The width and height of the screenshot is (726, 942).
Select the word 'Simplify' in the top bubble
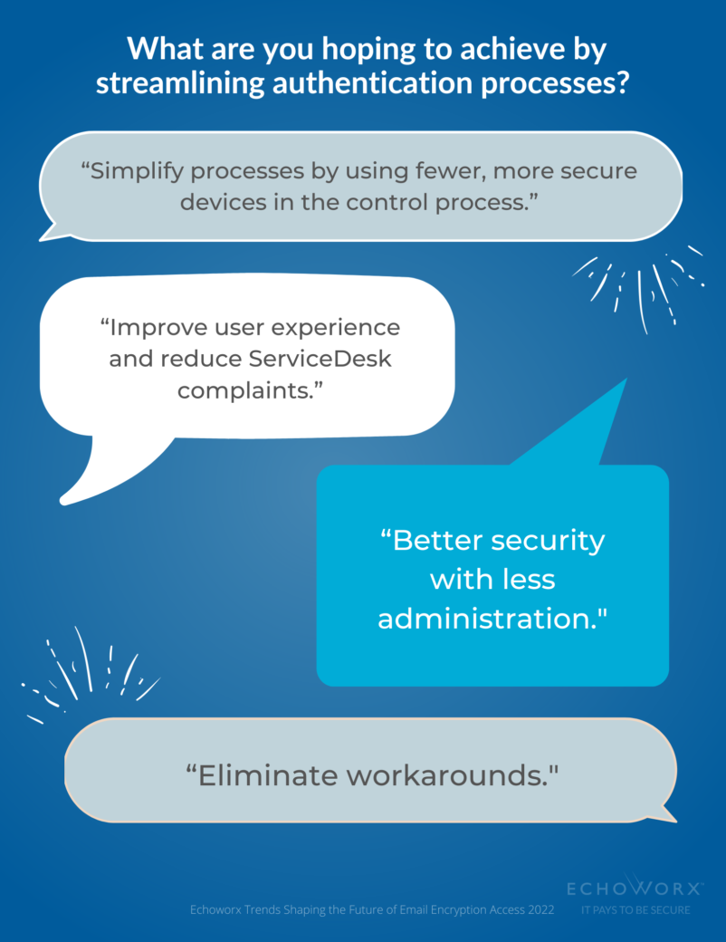pyautogui.click(x=143, y=171)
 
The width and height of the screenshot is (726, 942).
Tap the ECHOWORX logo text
pyautogui.click(x=635, y=887)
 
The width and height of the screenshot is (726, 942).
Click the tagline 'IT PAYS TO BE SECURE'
pyautogui.click(x=635, y=909)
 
